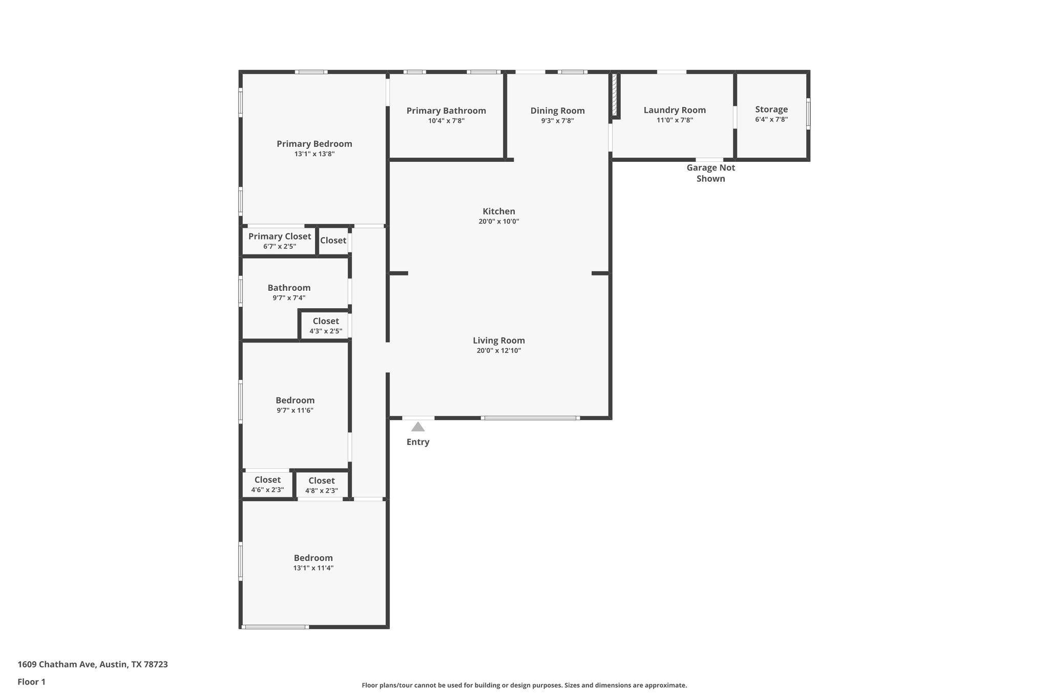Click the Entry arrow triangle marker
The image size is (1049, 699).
(x=418, y=427)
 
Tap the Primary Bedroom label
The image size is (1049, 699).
(x=314, y=144)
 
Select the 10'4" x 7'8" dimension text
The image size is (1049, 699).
(x=446, y=121)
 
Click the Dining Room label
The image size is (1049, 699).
(x=557, y=111)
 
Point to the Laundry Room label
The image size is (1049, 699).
(x=674, y=110)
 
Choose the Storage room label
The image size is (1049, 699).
(x=771, y=109)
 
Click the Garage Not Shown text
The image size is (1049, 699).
(x=710, y=173)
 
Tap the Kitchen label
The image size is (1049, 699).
(x=498, y=211)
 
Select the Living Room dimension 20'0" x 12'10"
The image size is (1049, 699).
(x=498, y=351)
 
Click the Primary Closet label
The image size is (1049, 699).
(x=280, y=236)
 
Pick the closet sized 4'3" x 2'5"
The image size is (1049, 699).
(x=326, y=326)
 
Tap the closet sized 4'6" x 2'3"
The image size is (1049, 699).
(x=267, y=484)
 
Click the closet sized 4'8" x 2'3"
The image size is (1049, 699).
(x=322, y=485)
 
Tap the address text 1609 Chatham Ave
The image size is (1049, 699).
(x=93, y=664)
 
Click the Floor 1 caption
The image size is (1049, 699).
(x=31, y=682)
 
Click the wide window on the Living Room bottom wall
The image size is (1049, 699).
(x=530, y=418)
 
